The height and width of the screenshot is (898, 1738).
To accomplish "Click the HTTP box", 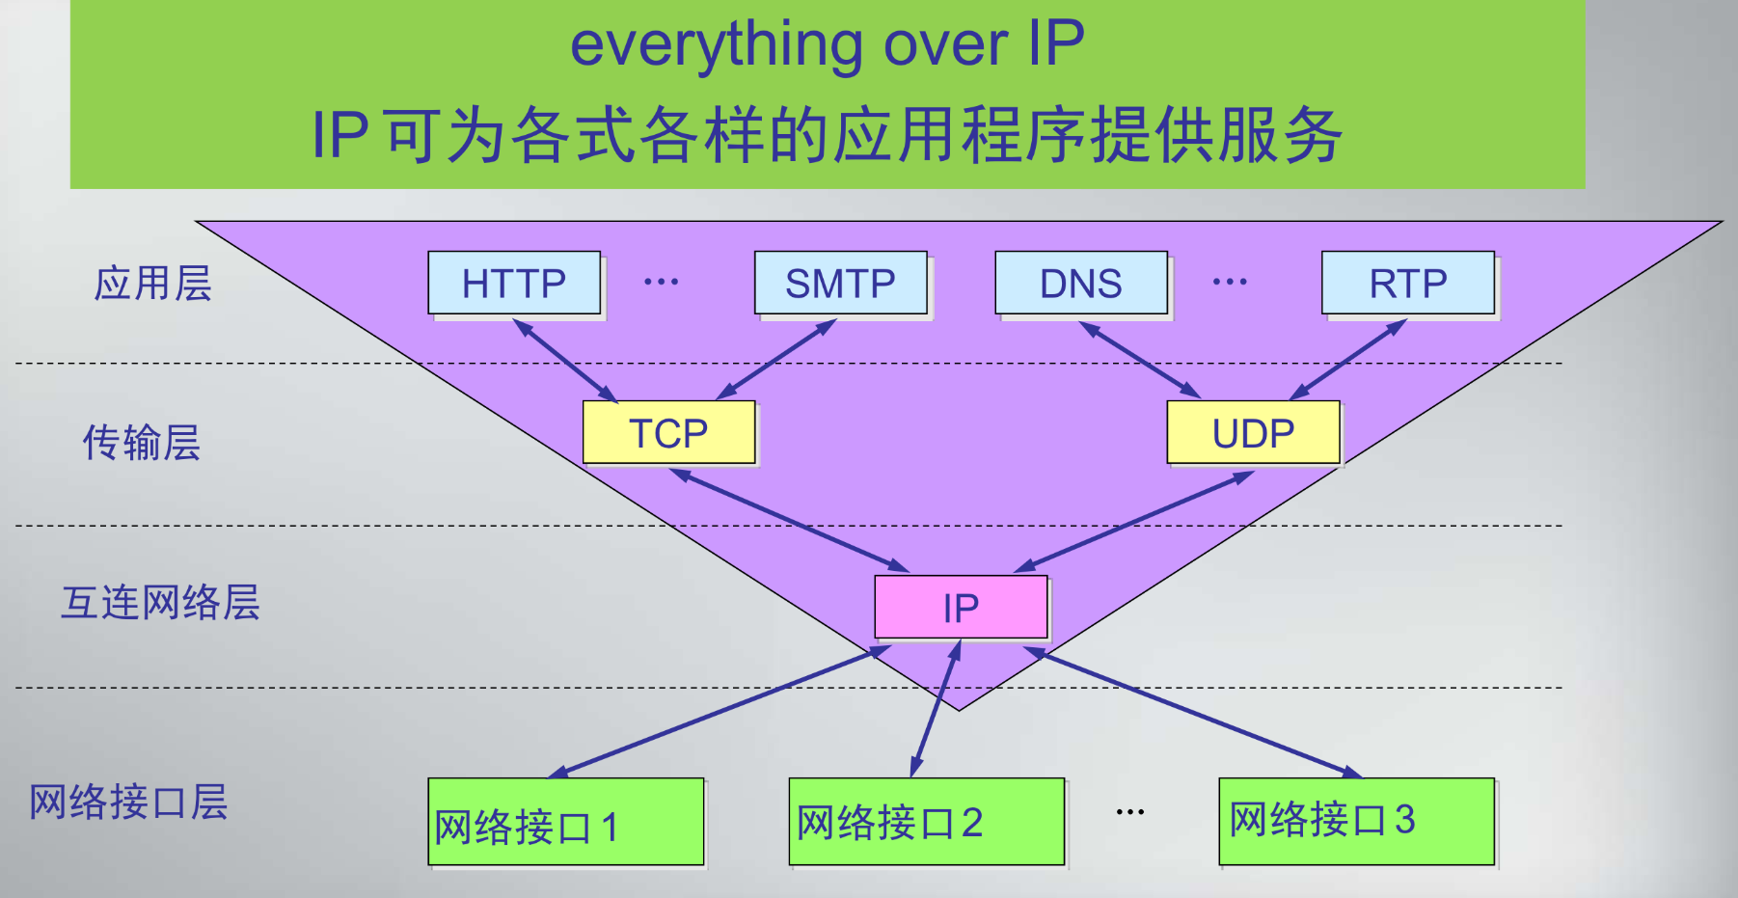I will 514,284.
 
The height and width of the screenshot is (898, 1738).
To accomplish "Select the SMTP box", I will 840,284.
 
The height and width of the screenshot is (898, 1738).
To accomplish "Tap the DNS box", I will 1080,284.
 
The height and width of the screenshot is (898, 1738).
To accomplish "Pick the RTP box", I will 1407,284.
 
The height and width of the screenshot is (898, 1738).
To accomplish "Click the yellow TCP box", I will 668,433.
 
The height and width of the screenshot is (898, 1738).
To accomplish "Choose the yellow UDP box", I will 1253,433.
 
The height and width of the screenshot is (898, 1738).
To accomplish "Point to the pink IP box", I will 961,608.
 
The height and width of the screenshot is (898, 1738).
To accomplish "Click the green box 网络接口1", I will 566,823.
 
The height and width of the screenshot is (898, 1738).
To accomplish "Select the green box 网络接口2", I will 926,822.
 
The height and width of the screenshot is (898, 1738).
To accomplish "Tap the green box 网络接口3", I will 1356,821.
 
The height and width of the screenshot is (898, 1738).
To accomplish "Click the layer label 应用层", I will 152,284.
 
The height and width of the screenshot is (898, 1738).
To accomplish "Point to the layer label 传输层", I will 142,443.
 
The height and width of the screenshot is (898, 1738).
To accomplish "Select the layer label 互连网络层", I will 160,603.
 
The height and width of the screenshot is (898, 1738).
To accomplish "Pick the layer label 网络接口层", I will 128,802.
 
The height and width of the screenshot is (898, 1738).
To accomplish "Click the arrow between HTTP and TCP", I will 566,361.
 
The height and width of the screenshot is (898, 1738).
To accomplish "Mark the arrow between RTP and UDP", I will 1348,359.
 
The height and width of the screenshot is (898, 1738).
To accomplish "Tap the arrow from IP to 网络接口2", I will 936,709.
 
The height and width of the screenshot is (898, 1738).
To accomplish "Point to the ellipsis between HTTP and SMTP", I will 661,282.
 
